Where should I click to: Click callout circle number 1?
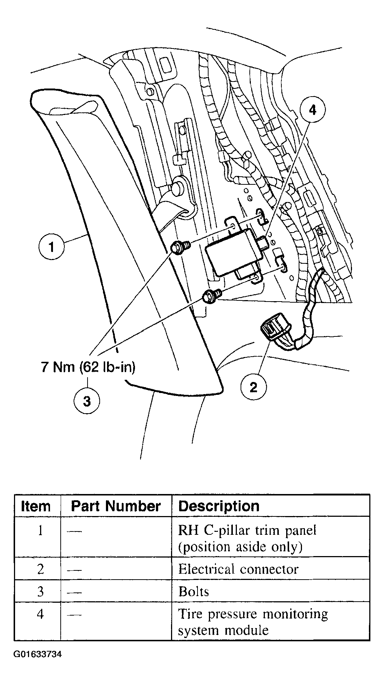click(x=51, y=247)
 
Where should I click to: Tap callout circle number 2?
click(x=253, y=387)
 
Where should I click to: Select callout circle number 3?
click(x=87, y=401)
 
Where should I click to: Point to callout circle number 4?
click(x=312, y=110)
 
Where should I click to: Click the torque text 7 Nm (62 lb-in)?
click(x=88, y=367)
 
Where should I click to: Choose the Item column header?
click(x=36, y=506)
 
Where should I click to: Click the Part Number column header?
click(x=115, y=506)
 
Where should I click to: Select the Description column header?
click(x=219, y=506)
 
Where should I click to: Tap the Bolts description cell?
click(x=194, y=592)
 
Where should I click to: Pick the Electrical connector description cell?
click(x=238, y=569)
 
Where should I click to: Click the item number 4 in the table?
click(x=40, y=614)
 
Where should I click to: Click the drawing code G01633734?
click(x=38, y=654)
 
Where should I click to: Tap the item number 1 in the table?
click(x=40, y=531)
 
